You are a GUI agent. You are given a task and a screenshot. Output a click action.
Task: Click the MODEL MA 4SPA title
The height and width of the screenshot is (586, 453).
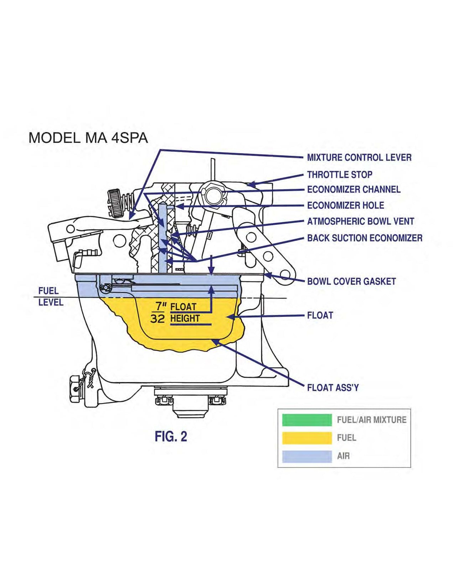point(88,138)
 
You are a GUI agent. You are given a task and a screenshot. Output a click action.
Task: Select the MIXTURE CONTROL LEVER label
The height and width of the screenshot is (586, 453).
point(359,157)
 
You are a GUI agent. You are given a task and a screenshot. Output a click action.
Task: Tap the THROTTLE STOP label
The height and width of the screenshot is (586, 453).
point(339,175)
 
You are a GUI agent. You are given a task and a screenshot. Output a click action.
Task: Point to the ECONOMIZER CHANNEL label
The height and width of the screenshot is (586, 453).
point(354,190)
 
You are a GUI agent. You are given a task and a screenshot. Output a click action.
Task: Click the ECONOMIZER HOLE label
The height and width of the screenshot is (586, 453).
point(345,206)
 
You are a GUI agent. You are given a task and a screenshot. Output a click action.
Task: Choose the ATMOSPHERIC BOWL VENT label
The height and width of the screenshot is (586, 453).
point(360,221)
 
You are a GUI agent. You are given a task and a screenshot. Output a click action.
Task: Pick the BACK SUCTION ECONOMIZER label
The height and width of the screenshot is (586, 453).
point(365,238)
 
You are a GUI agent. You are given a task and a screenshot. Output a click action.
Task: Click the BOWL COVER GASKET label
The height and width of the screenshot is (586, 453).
point(351,281)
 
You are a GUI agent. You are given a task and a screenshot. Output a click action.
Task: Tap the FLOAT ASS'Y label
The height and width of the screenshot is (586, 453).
point(333,388)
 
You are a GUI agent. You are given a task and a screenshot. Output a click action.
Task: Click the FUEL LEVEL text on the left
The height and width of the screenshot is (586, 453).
point(51,296)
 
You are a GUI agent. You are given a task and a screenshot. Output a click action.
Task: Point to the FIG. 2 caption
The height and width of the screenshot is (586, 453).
point(171,436)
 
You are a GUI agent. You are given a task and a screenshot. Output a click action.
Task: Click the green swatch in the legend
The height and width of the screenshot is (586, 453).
point(307,420)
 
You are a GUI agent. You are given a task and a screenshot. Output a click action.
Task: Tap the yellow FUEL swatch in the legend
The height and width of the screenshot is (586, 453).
point(307,438)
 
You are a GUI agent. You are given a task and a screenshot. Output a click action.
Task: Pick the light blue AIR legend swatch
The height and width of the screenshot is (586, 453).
point(307,456)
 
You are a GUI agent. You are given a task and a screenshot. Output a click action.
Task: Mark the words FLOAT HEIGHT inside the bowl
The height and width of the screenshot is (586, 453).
point(184,312)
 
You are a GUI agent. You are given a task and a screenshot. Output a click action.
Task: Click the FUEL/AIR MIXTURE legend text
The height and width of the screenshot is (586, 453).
point(371,420)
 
